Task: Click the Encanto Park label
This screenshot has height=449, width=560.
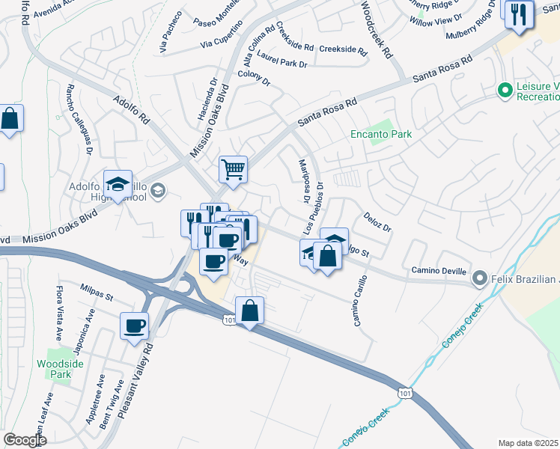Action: click(x=381, y=135)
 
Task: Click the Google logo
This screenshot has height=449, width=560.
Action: click(x=24, y=440)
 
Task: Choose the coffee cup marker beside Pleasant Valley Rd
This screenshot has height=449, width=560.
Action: click(x=136, y=326)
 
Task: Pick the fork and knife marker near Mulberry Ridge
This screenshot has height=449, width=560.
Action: click(x=518, y=13)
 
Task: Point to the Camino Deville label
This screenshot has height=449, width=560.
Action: click(x=439, y=270)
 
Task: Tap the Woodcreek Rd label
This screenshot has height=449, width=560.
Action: click(x=377, y=29)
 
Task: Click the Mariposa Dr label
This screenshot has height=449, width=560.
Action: click(x=304, y=180)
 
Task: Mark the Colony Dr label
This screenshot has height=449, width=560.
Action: click(x=254, y=75)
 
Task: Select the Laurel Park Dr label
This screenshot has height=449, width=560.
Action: click(x=282, y=59)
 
